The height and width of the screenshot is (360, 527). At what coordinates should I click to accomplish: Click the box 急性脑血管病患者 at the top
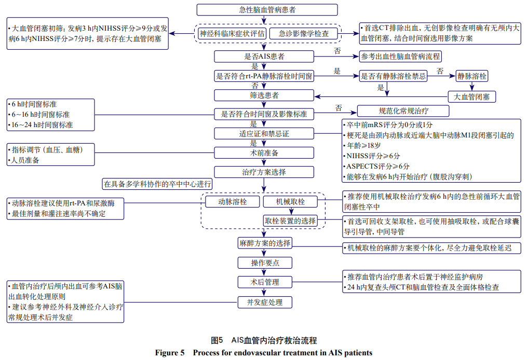(264, 9)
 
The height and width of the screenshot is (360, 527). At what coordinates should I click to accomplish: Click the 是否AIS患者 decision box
(264, 56)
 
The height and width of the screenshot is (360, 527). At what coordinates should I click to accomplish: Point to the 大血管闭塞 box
(471, 96)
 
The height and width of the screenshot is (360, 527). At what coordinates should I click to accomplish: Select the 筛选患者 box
(264, 95)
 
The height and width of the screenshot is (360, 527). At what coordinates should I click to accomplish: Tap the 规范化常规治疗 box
(403, 110)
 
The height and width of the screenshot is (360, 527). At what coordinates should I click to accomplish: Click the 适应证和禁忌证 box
(264, 133)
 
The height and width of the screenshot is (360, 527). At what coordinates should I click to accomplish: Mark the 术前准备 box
(264, 153)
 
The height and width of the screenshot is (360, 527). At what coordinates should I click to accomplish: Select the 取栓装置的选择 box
(290, 221)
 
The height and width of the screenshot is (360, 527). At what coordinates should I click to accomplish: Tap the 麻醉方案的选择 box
(264, 243)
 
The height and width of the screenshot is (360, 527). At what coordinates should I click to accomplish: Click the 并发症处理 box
(264, 302)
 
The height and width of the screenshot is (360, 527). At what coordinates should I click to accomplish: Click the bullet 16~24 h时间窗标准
(42, 124)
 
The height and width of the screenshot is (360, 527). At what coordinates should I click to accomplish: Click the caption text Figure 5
(170, 353)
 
